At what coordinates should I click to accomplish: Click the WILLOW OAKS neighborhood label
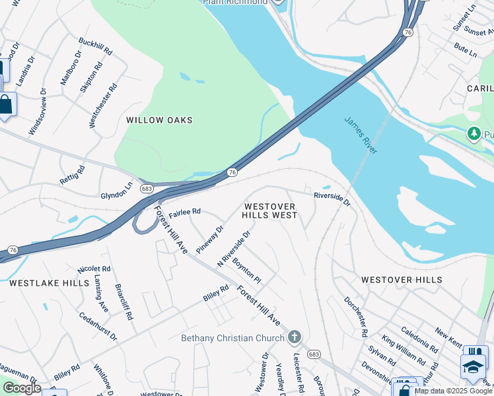click(x=159, y=120)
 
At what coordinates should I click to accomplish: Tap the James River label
click(x=361, y=135)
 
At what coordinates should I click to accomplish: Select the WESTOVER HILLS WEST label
click(x=269, y=211)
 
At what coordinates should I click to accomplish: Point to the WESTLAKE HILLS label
click(x=49, y=282)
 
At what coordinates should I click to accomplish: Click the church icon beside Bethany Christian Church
click(x=295, y=338)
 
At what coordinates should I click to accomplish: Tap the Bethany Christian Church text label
click(x=233, y=338)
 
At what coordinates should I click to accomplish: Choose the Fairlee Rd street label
click(x=184, y=213)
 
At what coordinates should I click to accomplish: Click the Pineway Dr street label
click(x=210, y=242)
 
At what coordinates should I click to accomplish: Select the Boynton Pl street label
click(x=246, y=271)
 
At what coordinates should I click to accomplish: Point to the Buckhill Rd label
click(x=96, y=46)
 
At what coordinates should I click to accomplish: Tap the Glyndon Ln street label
click(x=116, y=191)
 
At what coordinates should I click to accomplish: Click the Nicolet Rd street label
click(x=94, y=269)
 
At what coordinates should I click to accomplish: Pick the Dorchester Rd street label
click(x=355, y=316)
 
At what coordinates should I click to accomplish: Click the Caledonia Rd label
click(x=419, y=339)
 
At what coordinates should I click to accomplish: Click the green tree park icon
click(x=474, y=134)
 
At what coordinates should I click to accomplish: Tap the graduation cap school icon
click(x=473, y=367)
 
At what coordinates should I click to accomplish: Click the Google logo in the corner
click(x=21, y=388)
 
